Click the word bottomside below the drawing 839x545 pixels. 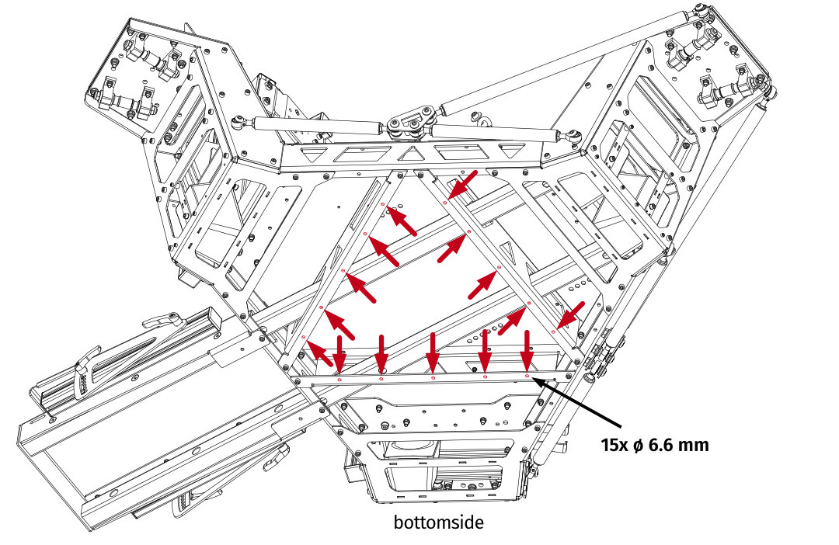[x=438, y=522]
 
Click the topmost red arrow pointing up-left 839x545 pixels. [x=402, y=222]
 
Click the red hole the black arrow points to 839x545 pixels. [x=527, y=377]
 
